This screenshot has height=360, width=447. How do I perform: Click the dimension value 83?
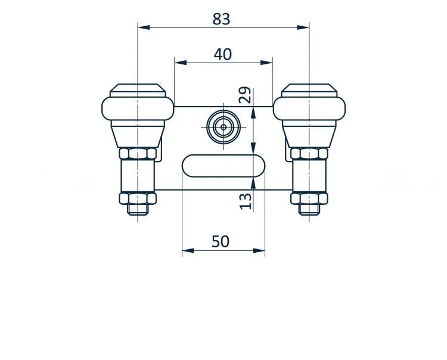pyautogui.click(x=221, y=19)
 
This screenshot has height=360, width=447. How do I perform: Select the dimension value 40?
pyautogui.click(x=223, y=54)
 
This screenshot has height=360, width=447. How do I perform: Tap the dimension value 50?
pyautogui.click(x=221, y=241)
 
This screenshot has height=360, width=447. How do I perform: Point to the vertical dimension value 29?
pyautogui.click(x=245, y=95)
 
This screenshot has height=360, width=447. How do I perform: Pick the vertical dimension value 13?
pyautogui.click(x=245, y=201)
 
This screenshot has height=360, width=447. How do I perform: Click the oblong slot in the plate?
pyautogui.click(x=223, y=166)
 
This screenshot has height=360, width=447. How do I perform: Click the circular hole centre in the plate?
pyautogui.click(x=223, y=127)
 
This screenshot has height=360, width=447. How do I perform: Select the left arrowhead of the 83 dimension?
pyautogui.click(x=144, y=27)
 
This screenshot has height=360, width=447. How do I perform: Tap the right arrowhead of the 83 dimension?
pyautogui.click(x=303, y=27)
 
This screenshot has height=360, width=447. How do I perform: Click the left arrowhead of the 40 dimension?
pyautogui.click(x=181, y=63)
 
